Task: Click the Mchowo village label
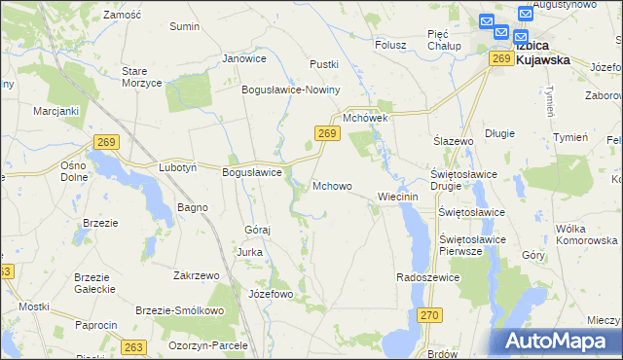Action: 332,185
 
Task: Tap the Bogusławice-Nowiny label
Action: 291,90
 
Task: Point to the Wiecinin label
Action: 397,196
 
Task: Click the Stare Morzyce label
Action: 140,77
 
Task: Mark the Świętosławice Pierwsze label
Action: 461,244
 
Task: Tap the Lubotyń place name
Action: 178,167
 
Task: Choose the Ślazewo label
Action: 453,141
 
